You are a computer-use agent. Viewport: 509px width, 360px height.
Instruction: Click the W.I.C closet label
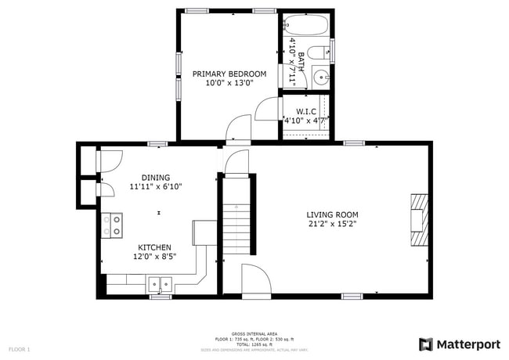coord(305,111)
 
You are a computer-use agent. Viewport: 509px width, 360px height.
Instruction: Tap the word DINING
coord(155,178)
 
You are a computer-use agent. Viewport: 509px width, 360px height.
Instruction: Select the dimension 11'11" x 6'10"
coord(155,187)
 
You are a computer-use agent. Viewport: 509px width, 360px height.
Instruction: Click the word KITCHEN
coord(155,247)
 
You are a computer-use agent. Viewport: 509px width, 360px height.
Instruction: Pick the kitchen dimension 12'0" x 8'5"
coord(155,257)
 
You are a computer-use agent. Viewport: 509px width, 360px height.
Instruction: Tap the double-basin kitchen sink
coord(161,284)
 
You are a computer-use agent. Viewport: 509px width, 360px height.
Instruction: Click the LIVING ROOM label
coord(332,214)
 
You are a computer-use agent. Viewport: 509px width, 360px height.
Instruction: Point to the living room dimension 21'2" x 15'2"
coord(332,224)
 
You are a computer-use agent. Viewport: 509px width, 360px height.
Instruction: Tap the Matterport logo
coord(460,344)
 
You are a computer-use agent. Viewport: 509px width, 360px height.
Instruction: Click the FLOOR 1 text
coord(20,348)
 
